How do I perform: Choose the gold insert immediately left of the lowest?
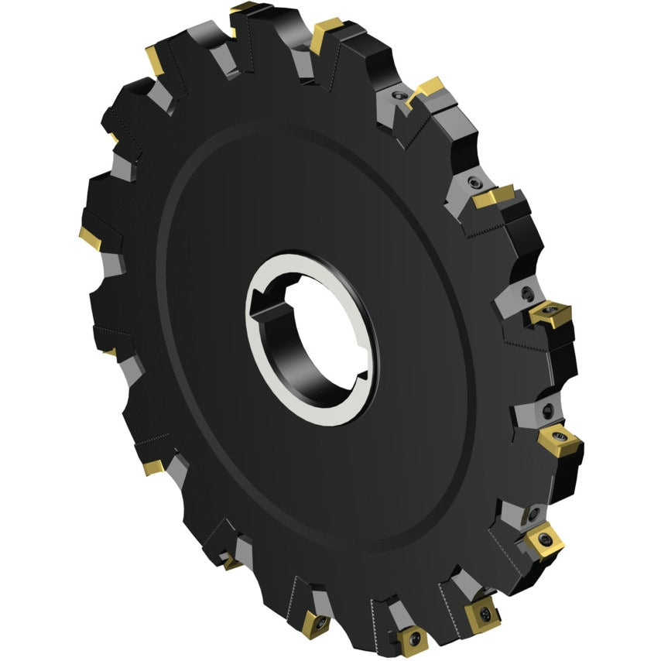(317, 622)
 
